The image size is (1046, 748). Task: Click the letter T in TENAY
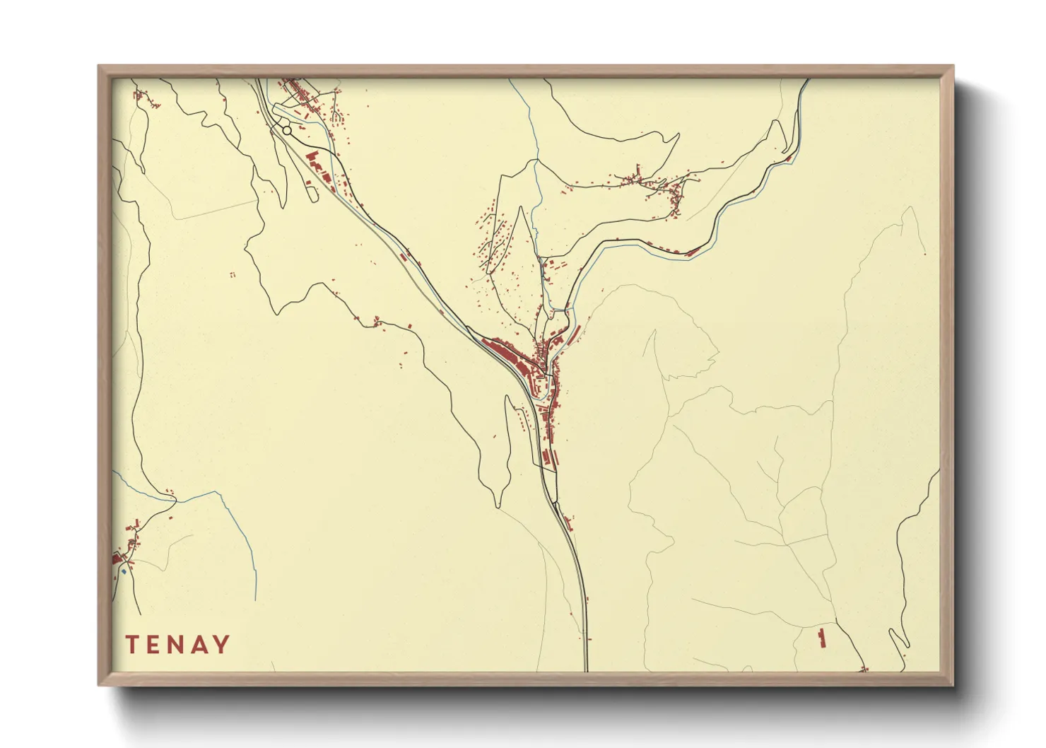(x=132, y=645)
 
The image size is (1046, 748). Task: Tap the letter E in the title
(x=155, y=645)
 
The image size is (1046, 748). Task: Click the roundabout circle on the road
(x=286, y=130)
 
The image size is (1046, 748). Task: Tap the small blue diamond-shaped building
(x=124, y=571)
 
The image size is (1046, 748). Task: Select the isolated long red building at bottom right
(x=821, y=638)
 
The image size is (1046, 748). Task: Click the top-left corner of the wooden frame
(x=99, y=66)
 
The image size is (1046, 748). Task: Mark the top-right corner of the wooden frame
(x=953, y=66)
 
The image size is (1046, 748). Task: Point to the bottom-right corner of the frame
(x=953, y=684)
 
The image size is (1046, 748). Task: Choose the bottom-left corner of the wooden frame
(x=99, y=684)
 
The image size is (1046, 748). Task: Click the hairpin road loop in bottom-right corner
(x=898, y=639)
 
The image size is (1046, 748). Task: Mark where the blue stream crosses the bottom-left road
(x=175, y=501)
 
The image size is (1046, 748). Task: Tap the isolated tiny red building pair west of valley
(x=232, y=274)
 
